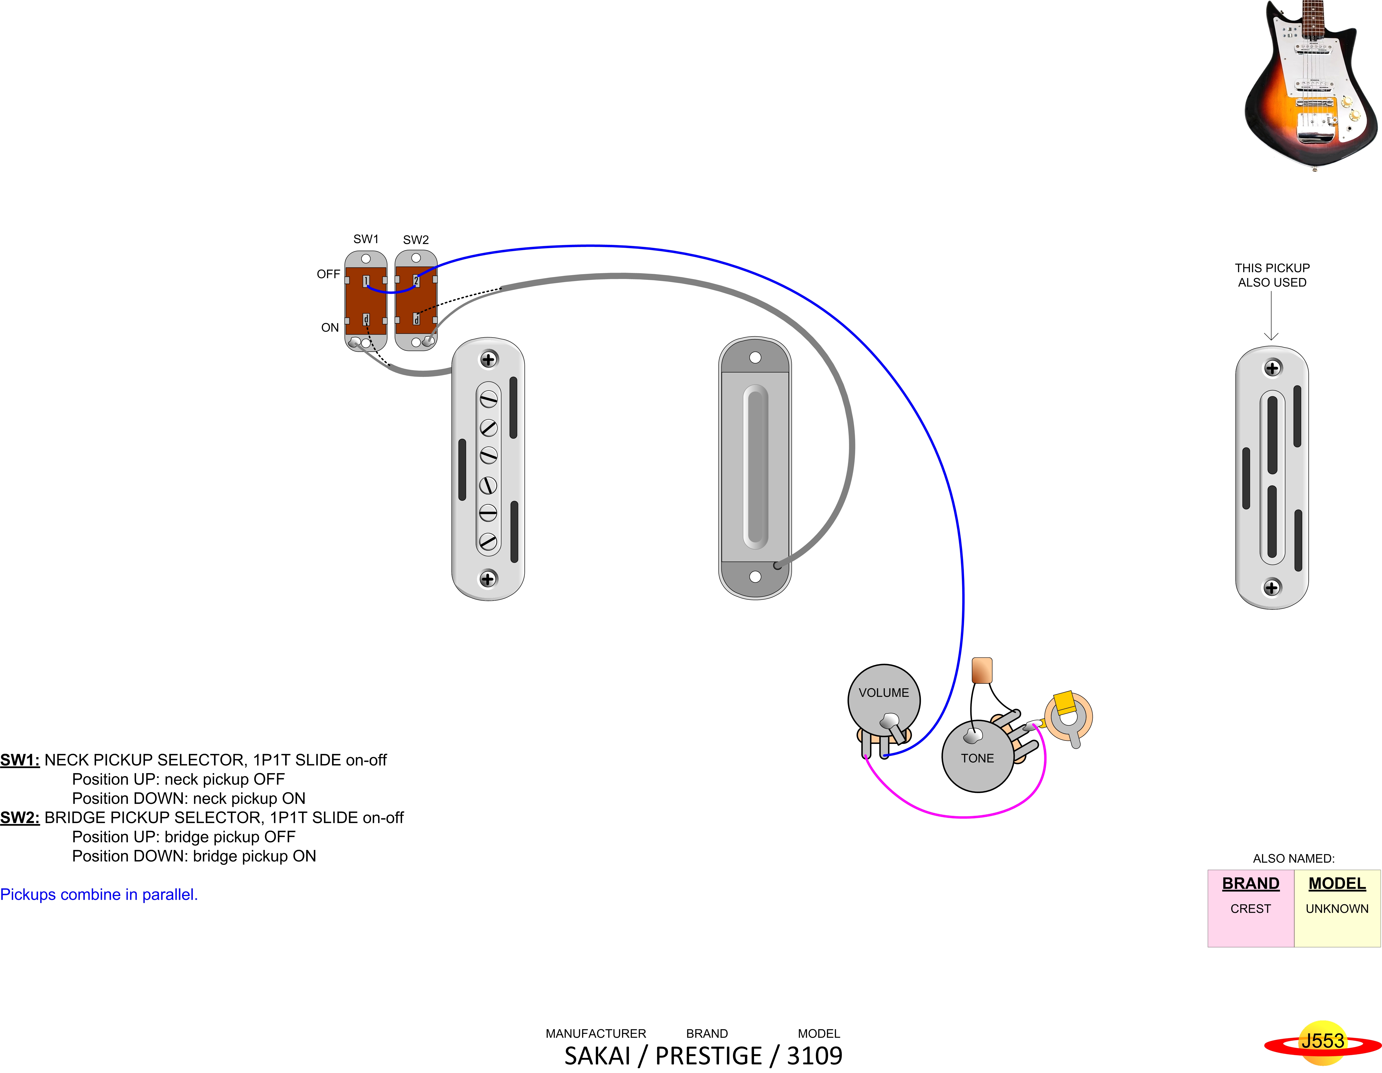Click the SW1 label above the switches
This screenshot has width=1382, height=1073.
366,239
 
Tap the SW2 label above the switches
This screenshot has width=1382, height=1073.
416,240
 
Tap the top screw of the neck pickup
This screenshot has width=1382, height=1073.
488,359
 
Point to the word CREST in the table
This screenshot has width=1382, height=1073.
1250,909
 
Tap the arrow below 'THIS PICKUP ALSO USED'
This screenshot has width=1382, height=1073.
1271,316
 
